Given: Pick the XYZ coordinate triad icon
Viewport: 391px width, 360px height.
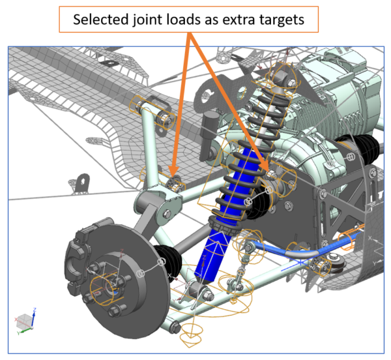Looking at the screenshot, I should tap(24, 322).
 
